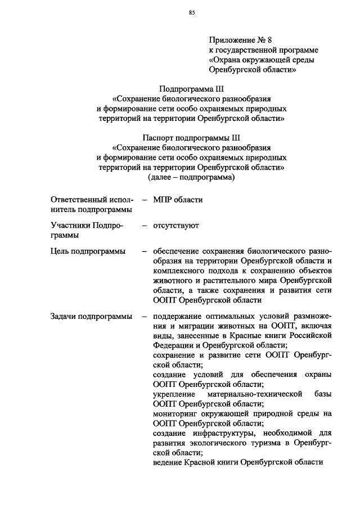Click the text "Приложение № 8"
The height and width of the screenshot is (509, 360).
pos(240,40)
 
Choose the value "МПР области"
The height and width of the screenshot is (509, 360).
pos(178,200)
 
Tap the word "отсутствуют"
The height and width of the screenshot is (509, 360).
pos(175,226)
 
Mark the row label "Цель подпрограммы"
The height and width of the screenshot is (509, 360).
pos(88,251)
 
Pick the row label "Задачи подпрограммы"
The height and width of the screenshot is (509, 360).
pos(91,317)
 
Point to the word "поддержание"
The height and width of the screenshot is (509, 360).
pos(180,317)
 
